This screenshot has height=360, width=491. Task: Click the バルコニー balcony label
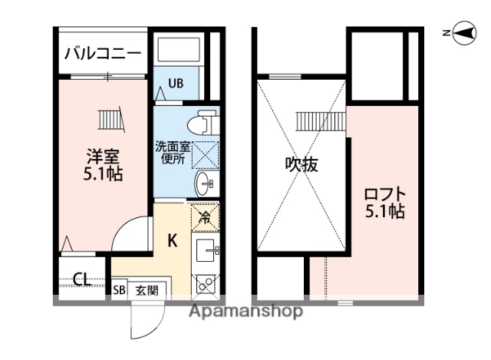(102, 54)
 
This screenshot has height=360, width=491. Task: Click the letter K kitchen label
(173, 240)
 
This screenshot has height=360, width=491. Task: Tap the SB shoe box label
(120, 290)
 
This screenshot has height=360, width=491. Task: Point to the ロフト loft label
(384, 202)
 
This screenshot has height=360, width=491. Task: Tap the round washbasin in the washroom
(205, 183)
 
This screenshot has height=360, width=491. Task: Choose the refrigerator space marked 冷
(205, 217)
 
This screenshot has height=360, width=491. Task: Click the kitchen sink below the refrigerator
(207, 249)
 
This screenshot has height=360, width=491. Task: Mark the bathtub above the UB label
(179, 51)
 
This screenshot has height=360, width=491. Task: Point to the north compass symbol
(462, 31)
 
